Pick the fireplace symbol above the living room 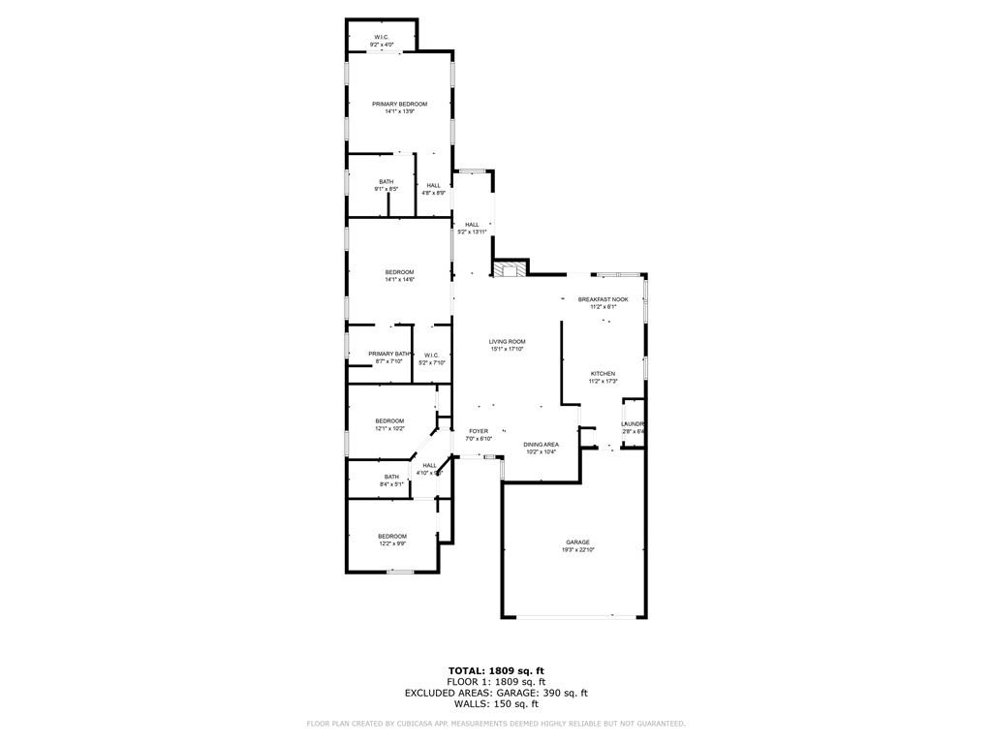[510, 269]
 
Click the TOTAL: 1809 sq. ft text [496, 670]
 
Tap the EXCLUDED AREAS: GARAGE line [496, 693]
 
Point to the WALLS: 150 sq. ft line [496, 704]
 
